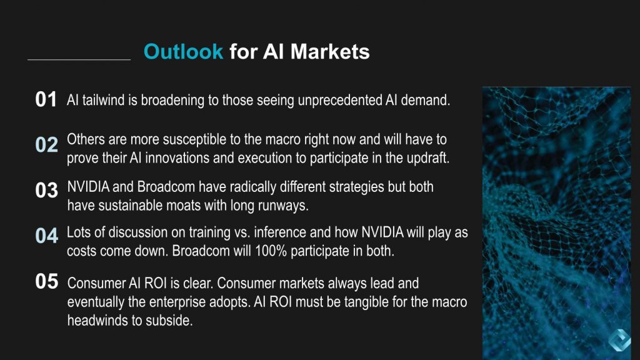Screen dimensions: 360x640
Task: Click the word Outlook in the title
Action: coord(183,51)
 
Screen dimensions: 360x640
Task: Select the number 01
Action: coord(46,100)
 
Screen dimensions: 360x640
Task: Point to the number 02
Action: coord(46,145)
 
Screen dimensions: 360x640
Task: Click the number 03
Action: coord(46,191)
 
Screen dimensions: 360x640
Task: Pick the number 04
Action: coord(46,236)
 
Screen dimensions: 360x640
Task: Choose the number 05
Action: coord(46,282)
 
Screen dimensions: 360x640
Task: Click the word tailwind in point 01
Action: coord(102,100)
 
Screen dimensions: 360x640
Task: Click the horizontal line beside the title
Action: coord(79,60)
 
